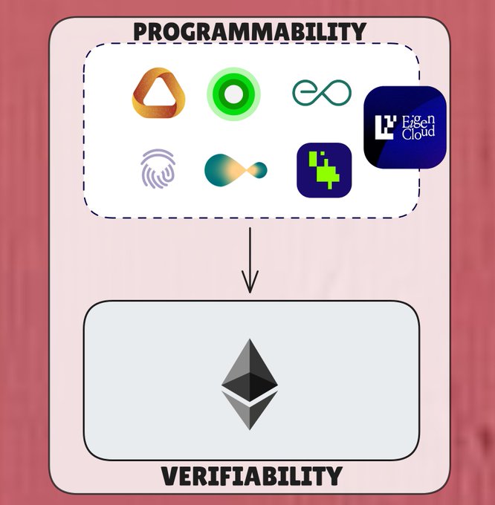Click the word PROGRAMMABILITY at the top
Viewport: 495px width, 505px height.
point(249,32)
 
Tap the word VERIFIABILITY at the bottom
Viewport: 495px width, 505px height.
point(251,475)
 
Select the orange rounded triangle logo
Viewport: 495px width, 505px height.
point(157,93)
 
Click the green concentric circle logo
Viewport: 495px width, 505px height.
point(233,94)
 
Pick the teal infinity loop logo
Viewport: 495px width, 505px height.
point(322,92)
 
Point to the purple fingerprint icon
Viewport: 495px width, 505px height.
point(158,168)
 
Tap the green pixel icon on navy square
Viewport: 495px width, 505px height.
point(324,170)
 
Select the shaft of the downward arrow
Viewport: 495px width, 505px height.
point(250,252)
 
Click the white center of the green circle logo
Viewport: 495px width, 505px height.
point(233,94)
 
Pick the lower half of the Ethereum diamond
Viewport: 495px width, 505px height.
point(250,411)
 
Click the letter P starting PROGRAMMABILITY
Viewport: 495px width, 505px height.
point(141,32)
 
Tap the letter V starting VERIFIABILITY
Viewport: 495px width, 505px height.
point(170,475)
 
